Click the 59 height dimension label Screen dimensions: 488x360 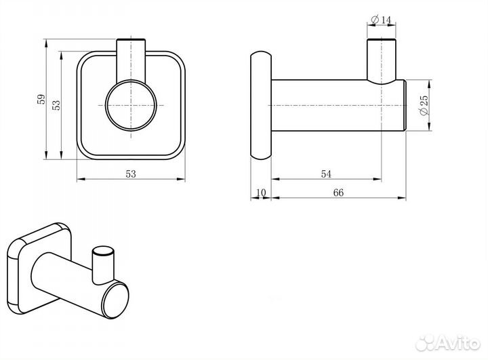coord(41,100)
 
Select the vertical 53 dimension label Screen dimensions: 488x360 coord(56,105)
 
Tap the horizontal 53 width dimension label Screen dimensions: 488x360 coord(131,174)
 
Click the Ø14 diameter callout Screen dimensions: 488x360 coord(381,20)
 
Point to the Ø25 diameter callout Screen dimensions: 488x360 coord(424,105)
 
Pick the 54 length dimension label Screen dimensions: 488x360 coord(326,174)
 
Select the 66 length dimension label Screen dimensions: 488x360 coord(338,193)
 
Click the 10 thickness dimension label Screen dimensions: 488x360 coord(261,193)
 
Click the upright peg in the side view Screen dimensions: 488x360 coord(381,61)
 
